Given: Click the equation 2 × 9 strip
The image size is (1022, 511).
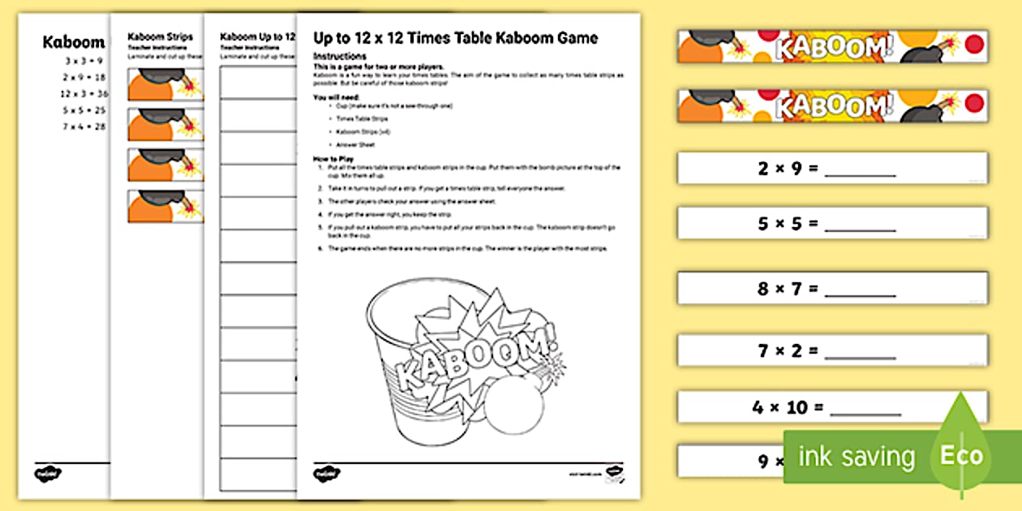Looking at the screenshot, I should (832, 169).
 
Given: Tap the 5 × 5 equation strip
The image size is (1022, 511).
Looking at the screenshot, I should (832, 223).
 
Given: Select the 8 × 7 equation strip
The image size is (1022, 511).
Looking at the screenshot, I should (832, 288).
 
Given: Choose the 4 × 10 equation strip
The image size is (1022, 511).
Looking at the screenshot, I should (832, 407).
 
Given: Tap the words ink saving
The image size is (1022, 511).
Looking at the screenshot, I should (857, 457).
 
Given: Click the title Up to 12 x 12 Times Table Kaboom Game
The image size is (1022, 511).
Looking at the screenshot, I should (455, 38).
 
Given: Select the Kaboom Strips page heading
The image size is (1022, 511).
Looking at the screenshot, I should (161, 37).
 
